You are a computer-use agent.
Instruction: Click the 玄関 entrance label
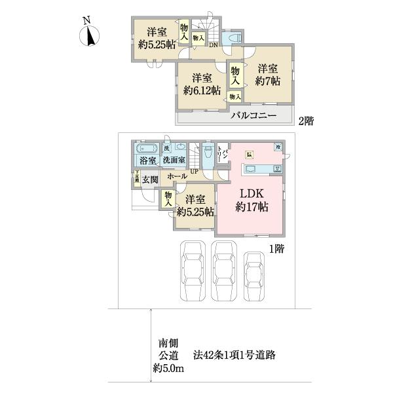pyautogui.click(x=151, y=179)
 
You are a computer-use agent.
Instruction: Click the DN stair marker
pyautogui.click(x=214, y=45)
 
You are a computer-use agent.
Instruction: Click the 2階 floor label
pyautogui.click(x=306, y=121)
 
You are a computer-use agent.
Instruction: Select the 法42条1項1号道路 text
pyautogui.click(x=234, y=356)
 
